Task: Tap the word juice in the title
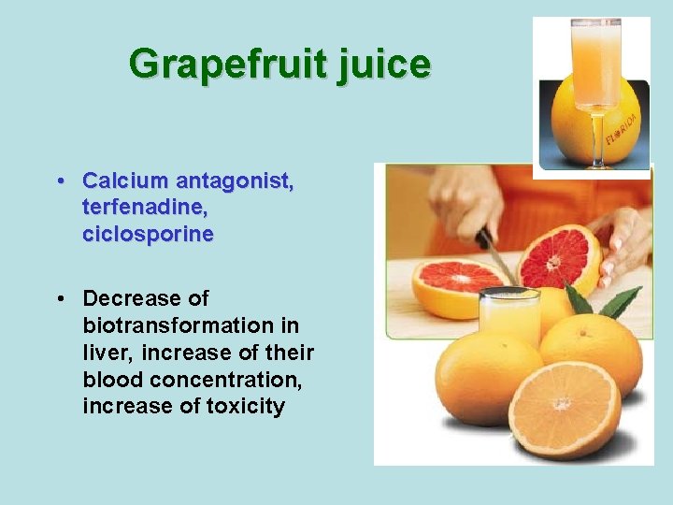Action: pyautogui.click(x=381, y=65)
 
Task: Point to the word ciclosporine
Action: pyautogui.click(x=148, y=234)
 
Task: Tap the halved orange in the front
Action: pyautogui.click(x=563, y=409)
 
